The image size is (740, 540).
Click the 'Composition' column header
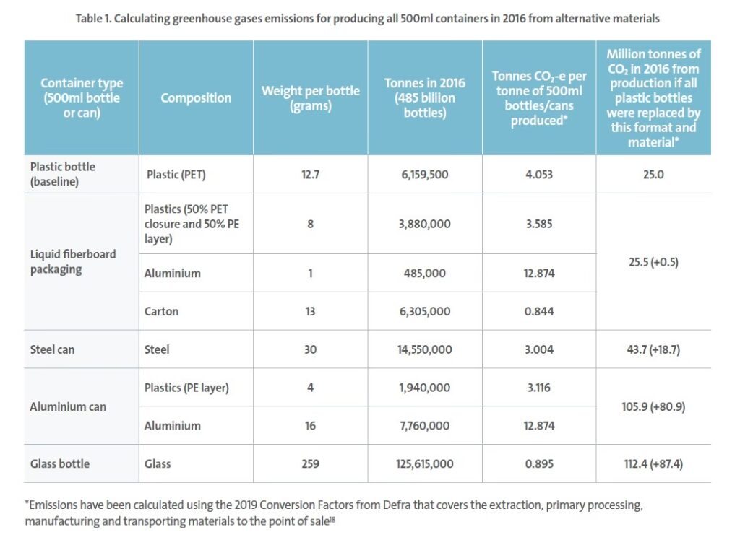point(196,97)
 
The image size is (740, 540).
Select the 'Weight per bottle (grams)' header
point(310,97)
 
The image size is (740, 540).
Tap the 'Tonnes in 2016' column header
point(425,97)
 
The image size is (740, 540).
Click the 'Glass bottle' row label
point(59,463)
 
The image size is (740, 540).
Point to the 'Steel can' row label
point(53,349)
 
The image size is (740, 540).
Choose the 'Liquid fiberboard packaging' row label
point(73,261)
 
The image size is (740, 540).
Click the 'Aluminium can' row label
point(68,406)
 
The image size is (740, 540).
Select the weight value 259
point(310,463)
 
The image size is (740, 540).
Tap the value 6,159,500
point(425,174)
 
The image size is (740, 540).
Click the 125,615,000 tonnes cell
point(425,463)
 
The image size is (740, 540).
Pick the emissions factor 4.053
point(538,174)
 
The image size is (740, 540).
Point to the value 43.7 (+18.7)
point(653,349)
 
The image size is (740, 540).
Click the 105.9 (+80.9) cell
point(653,406)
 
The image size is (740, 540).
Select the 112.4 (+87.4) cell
point(653,463)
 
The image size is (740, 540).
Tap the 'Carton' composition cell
point(162,311)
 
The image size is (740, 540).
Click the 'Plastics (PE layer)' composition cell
point(187,388)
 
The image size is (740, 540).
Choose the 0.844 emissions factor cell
point(538,311)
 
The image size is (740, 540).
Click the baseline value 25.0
point(653,174)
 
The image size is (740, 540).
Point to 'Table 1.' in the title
point(97,19)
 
